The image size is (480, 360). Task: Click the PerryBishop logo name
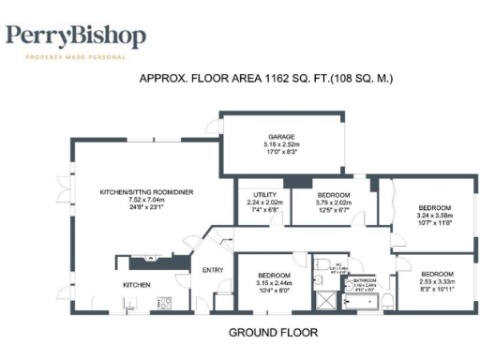pos(76,37)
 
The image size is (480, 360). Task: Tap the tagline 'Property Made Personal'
pos(76,58)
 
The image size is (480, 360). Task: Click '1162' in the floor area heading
pos(254,80)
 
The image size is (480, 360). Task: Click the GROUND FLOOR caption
pos(273,333)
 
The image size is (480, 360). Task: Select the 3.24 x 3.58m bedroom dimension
pos(434,215)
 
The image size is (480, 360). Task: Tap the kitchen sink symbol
pos(127,303)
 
